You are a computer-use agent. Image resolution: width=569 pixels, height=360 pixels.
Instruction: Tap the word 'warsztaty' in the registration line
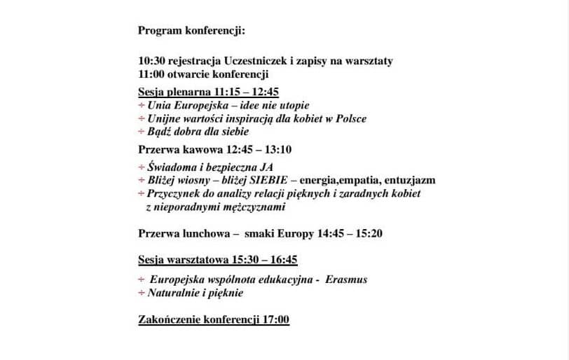tap(370, 61)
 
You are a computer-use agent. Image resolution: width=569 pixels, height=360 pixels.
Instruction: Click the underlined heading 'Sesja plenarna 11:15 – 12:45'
tap(209, 92)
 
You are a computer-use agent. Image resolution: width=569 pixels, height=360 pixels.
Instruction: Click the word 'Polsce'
tap(349, 118)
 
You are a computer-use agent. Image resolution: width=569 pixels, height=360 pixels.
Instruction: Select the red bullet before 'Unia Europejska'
tap(142, 105)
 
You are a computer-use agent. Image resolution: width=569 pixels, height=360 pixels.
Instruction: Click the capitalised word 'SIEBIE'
tap(266, 180)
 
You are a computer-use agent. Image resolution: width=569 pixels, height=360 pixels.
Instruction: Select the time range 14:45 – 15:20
tap(350, 233)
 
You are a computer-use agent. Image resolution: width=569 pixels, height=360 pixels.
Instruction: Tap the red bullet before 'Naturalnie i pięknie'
tap(142, 293)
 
